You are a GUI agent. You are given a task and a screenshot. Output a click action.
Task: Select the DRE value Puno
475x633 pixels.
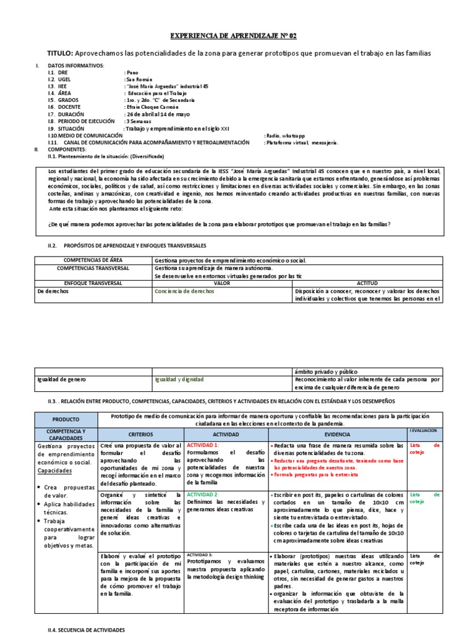coord(132,73)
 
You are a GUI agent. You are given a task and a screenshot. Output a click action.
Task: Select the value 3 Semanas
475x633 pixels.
coord(141,121)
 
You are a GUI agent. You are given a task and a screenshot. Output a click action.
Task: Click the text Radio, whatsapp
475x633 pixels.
coord(285,135)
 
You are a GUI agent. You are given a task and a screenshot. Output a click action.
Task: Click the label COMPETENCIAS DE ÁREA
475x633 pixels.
coord(92,261)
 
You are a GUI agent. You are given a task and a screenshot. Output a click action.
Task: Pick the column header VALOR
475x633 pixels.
coord(221,283)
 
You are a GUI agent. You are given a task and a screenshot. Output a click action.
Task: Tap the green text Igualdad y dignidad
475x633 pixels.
coord(179,379)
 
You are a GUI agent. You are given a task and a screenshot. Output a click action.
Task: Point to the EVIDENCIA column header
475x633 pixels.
coord(336,434)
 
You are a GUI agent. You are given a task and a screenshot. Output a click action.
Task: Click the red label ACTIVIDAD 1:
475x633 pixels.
coord(203,445)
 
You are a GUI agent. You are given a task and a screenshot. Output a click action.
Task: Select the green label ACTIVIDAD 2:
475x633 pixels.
coord(203,495)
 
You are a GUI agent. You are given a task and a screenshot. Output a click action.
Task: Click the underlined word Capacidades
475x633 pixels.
coord(55,470)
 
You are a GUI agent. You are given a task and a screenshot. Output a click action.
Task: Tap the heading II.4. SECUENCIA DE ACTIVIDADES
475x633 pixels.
coord(86,629)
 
